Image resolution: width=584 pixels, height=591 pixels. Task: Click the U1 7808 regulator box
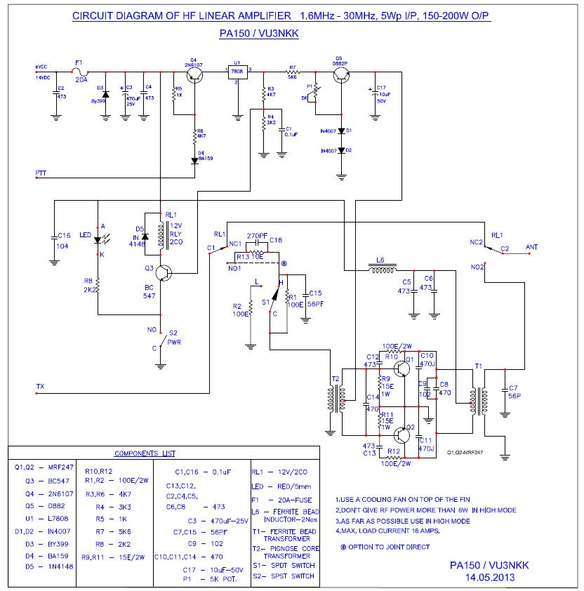(237, 72)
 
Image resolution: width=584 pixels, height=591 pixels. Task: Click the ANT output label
(532, 247)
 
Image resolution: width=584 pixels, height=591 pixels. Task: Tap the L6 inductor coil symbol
(381, 268)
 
